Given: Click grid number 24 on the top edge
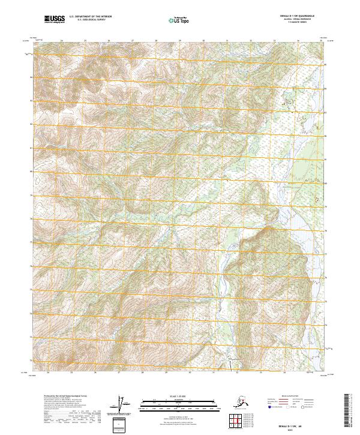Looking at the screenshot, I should pyautogui.click(x=62, y=41).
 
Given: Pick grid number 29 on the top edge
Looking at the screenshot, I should pyautogui.click(x=179, y=41).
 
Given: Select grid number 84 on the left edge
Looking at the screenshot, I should pyautogui.click(x=32, y=76).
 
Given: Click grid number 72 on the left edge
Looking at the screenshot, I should pyautogui.click(x=32, y=360).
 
